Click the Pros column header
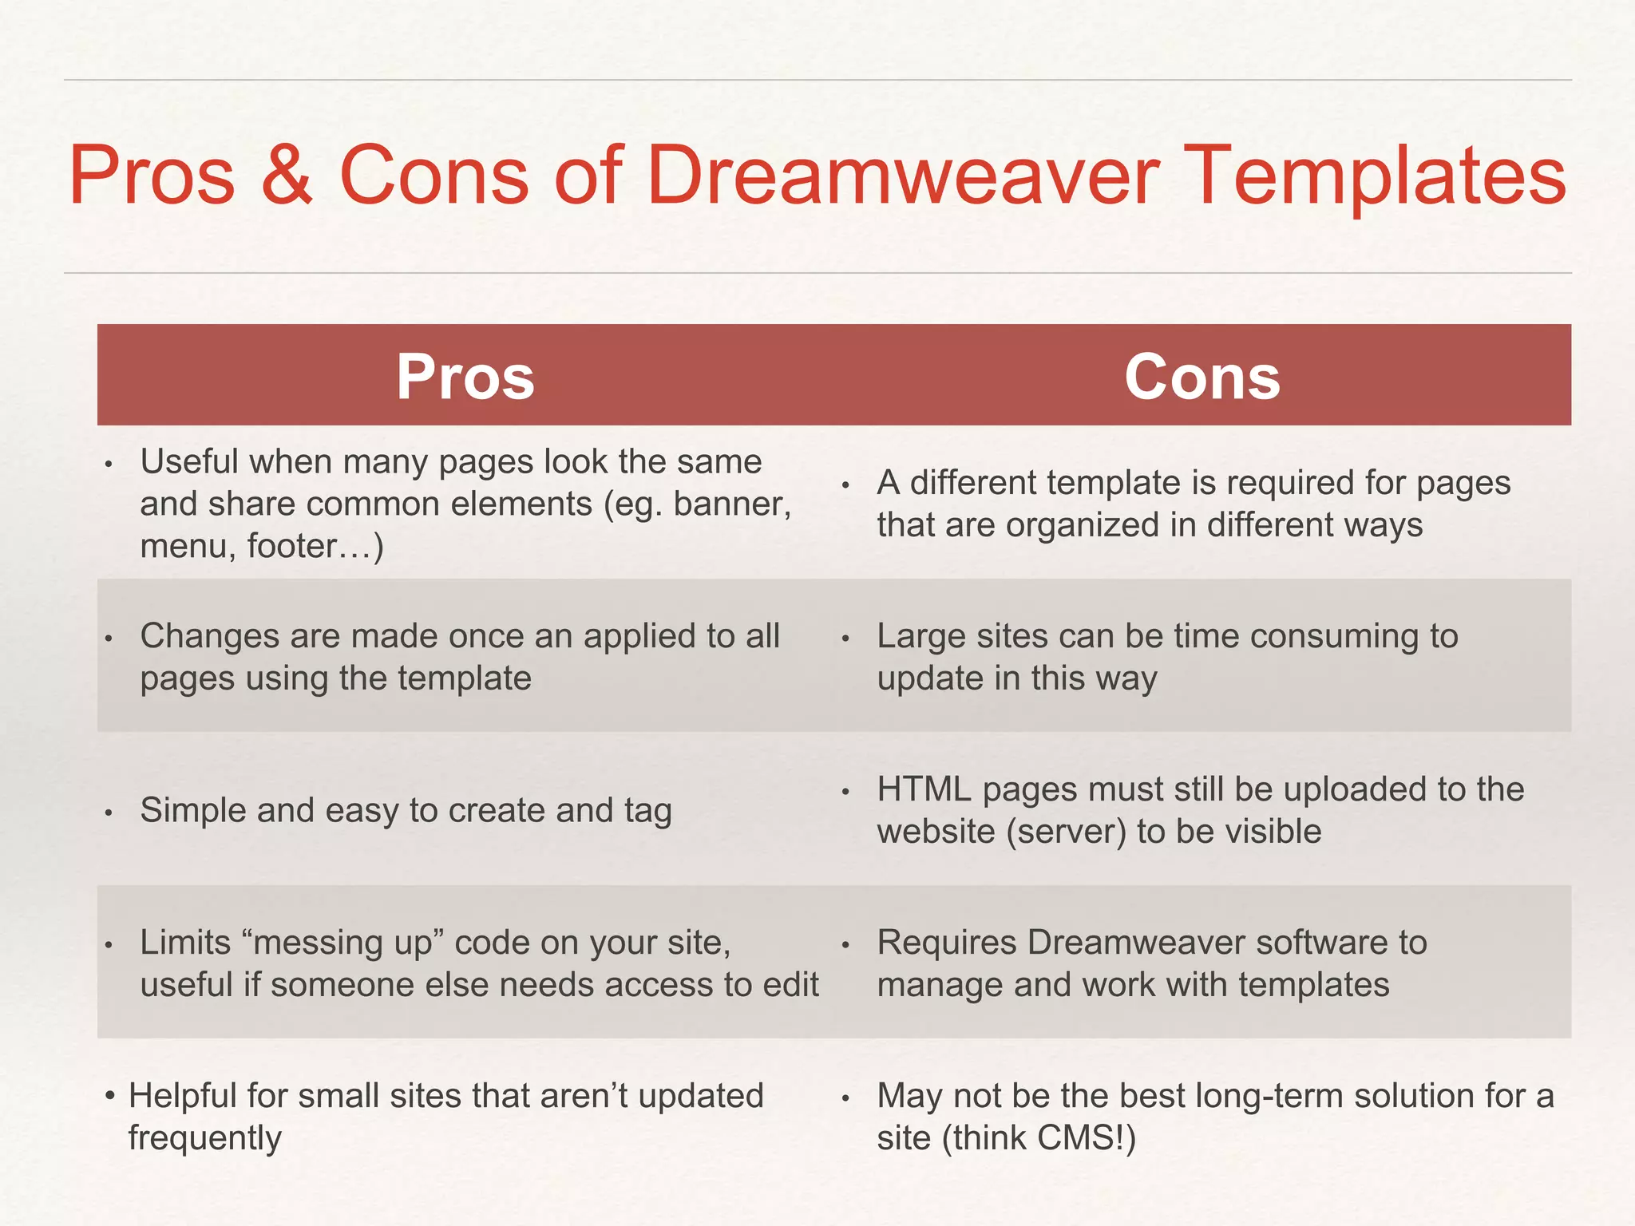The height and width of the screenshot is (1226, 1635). pos(465,377)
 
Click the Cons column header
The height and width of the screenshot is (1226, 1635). pos(1202,377)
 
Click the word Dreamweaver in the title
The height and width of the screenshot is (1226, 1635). pos(902,176)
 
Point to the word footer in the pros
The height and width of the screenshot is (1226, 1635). pos(291,546)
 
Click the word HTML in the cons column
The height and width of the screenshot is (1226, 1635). pos(923,789)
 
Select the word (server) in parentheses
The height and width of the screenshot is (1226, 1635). pos(1066,832)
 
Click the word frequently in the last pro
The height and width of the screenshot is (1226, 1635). pos(204,1138)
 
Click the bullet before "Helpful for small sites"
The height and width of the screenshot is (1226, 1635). pos(111,1095)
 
